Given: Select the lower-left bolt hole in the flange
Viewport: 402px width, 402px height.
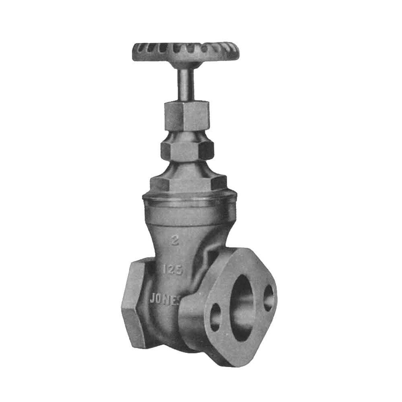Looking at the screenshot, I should pos(215,317).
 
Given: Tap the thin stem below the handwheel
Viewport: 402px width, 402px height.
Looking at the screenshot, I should pos(186,84).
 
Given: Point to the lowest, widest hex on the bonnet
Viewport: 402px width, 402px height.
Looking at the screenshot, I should pos(188,183).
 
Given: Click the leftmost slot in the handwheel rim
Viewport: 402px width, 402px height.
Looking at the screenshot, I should pos(139,51).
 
